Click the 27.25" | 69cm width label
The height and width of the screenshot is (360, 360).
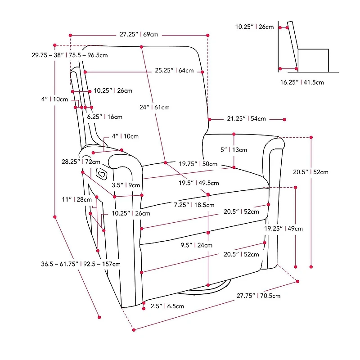tap(139, 34)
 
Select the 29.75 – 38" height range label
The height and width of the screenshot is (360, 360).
tap(70, 55)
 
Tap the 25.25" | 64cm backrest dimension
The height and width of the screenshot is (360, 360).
tap(174, 71)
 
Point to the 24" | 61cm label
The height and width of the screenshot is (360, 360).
tap(154, 108)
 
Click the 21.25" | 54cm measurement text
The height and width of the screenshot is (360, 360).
tap(246, 119)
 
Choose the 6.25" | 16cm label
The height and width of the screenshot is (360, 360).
tap(105, 117)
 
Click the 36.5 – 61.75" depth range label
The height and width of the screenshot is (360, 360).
tap(81, 264)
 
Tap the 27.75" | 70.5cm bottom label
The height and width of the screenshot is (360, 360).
tap(259, 296)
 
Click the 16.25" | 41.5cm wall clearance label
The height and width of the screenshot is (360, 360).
tap(302, 82)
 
